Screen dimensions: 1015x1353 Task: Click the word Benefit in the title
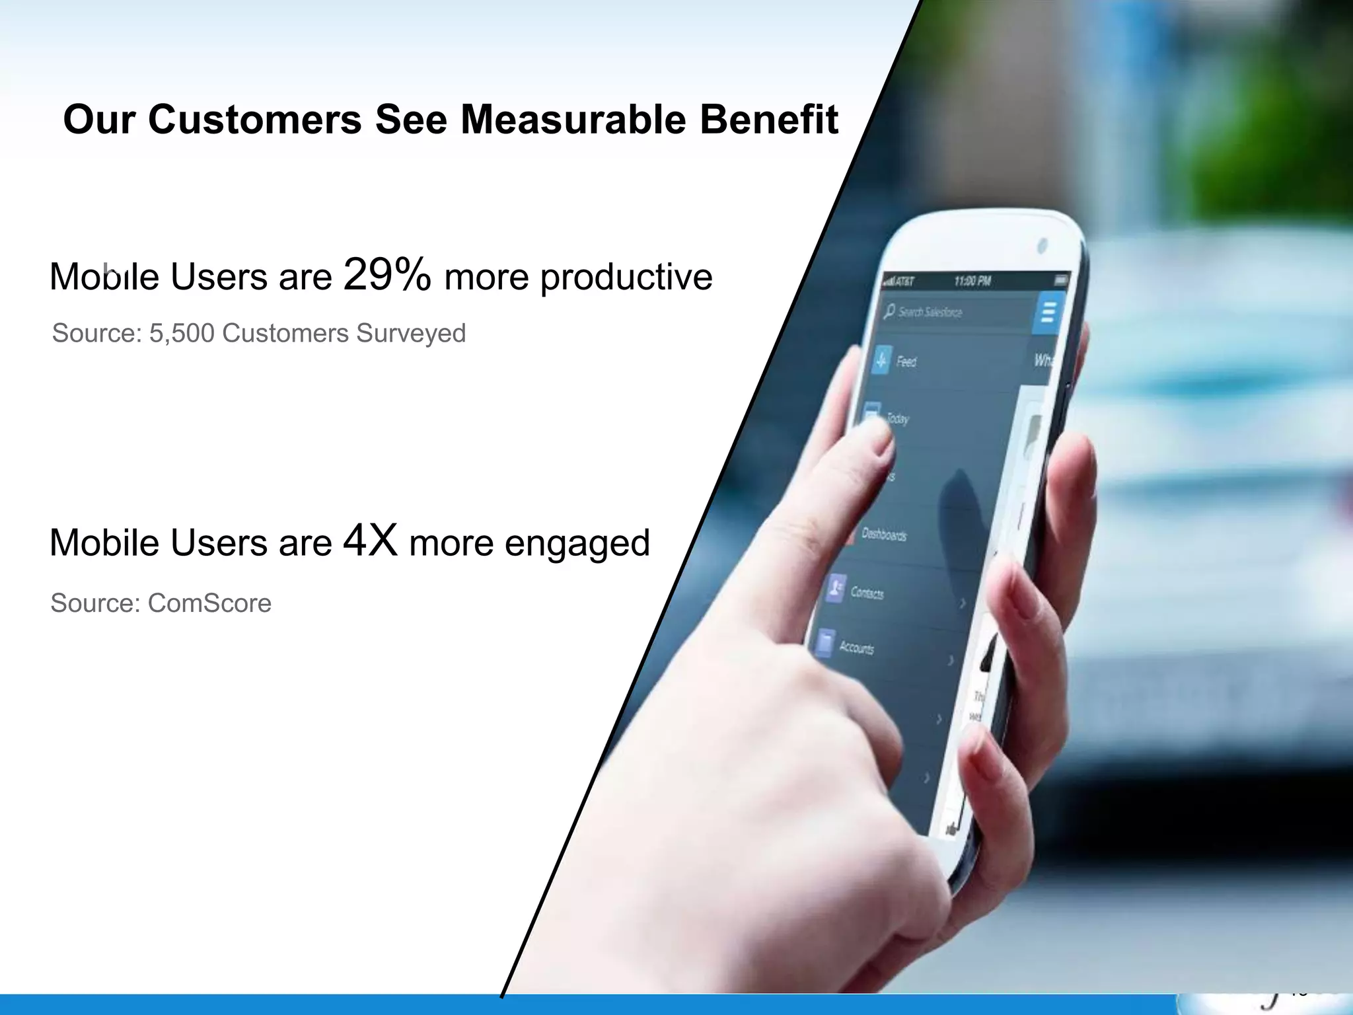pyautogui.click(x=768, y=120)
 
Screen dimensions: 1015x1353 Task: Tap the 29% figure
pyautogui.click(x=387, y=274)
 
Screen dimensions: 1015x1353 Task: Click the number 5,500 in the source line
pyautogui.click(x=182, y=333)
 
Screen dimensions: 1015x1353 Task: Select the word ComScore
pyautogui.click(x=209, y=603)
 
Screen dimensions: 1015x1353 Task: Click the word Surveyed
pyautogui.click(x=411, y=333)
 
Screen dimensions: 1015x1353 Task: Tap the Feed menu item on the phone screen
pyautogui.click(x=906, y=361)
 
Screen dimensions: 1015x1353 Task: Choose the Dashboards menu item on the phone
pyautogui.click(x=884, y=534)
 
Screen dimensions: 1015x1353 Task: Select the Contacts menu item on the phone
pyautogui.click(x=866, y=593)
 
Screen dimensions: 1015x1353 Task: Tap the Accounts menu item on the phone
pyautogui.click(x=856, y=648)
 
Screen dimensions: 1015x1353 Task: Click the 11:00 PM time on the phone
pyautogui.click(x=972, y=281)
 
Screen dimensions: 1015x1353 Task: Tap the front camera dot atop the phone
pyautogui.click(x=1042, y=245)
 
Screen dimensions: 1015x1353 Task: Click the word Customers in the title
pyautogui.click(x=255, y=120)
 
